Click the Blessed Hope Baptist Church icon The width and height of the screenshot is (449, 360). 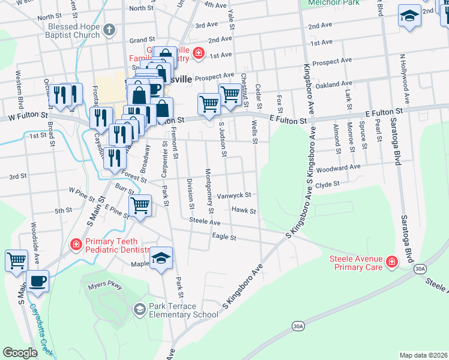click(x=109, y=29)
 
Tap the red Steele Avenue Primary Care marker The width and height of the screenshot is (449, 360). click(x=391, y=262)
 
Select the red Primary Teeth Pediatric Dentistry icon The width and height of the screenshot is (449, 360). click(x=76, y=244)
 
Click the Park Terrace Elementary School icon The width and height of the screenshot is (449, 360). click(x=139, y=309)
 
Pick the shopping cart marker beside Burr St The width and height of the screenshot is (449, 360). click(x=140, y=205)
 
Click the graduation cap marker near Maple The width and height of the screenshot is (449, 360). click(x=161, y=258)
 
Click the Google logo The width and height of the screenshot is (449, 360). click(x=20, y=353)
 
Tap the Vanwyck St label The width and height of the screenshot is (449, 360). click(x=234, y=195)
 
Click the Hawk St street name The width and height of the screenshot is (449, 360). click(x=244, y=211)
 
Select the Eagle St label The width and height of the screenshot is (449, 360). click(x=224, y=238)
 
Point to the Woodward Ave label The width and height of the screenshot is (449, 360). click(x=338, y=167)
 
